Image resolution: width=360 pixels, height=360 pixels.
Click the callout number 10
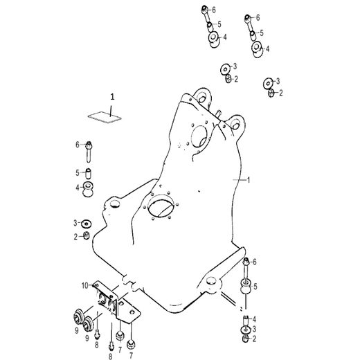(x=83, y=285)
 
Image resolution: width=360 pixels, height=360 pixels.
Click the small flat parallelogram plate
(x=101, y=116)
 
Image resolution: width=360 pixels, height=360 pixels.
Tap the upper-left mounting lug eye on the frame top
(x=201, y=93)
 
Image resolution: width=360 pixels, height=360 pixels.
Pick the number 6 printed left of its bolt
(x=78, y=144)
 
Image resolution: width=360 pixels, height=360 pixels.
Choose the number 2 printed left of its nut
(x=76, y=237)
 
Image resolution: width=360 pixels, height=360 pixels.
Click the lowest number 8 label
(x=109, y=355)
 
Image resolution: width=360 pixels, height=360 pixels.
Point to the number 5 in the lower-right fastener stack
(x=255, y=286)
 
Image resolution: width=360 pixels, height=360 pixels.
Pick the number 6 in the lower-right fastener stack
(x=255, y=262)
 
